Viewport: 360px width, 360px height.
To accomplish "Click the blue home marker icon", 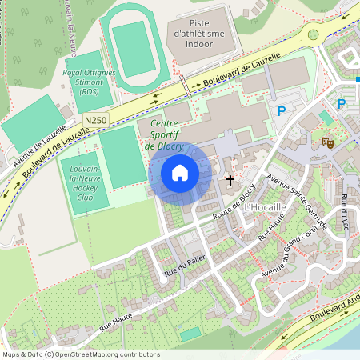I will point(180,173).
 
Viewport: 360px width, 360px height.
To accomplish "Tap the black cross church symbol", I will point(231,181).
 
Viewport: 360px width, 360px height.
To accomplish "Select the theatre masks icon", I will point(326,142).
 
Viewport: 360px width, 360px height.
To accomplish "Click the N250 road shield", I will point(95,120).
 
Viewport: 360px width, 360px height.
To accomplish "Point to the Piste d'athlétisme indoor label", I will point(202,34).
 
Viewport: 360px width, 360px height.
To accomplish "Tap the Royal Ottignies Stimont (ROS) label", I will point(89,82).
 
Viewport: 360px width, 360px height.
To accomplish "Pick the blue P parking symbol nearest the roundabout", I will point(281,112).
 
